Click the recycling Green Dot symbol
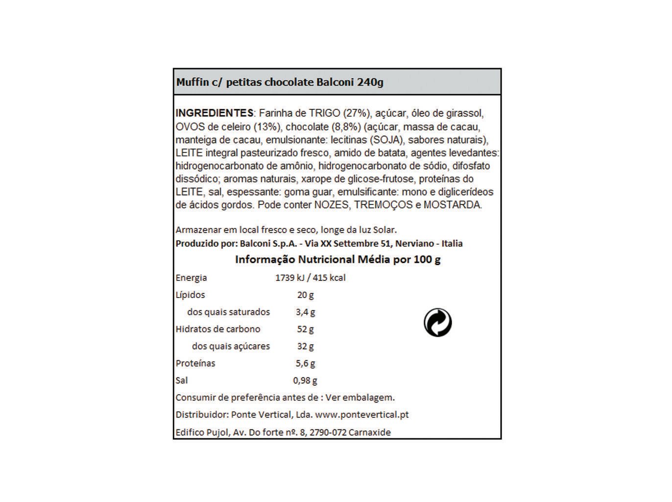pyautogui.click(x=437, y=323)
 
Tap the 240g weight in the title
pyautogui.click(x=370, y=82)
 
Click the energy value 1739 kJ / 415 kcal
pyautogui.click(x=311, y=278)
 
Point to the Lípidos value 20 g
pyautogui.click(x=305, y=295)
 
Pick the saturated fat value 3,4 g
pyautogui.click(x=305, y=312)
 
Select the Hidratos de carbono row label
pyautogui.click(x=218, y=329)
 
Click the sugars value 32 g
pyautogui.click(x=305, y=347)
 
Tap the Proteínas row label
pyautogui.click(x=195, y=364)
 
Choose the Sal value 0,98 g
pyautogui.click(x=305, y=380)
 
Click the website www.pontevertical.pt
pyautogui.click(x=362, y=415)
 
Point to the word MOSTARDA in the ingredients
pyautogui.click(x=452, y=205)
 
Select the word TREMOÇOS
pyautogui.click(x=384, y=205)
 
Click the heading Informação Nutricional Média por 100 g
pyautogui.click(x=338, y=259)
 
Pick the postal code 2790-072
pyautogui.click(x=328, y=432)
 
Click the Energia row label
pyautogui.click(x=192, y=278)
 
